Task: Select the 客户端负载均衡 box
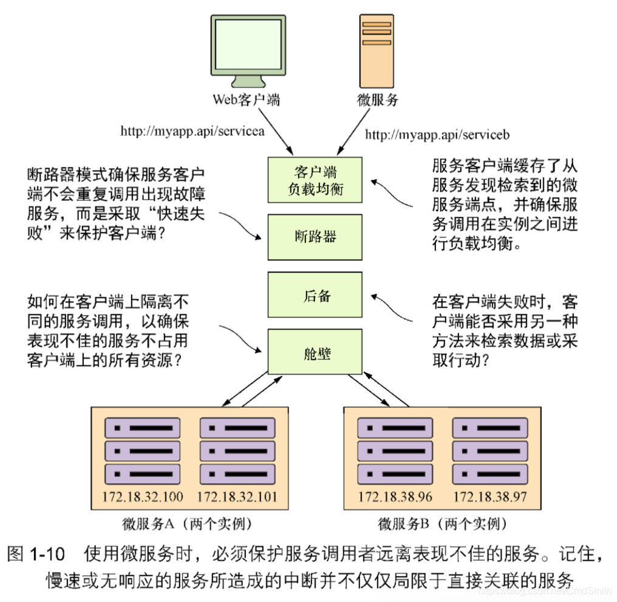(x=315, y=180)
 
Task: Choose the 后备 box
(x=315, y=296)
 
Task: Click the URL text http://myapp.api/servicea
(x=193, y=130)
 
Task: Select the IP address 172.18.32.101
(x=237, y=497)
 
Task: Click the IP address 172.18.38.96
(x=395, y=497)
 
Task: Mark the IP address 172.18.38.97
(x=490, y=497)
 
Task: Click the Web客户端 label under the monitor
(x=246, y=100)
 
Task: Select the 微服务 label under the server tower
(x=377, y=100)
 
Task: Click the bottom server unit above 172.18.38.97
(x=489, y=473)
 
